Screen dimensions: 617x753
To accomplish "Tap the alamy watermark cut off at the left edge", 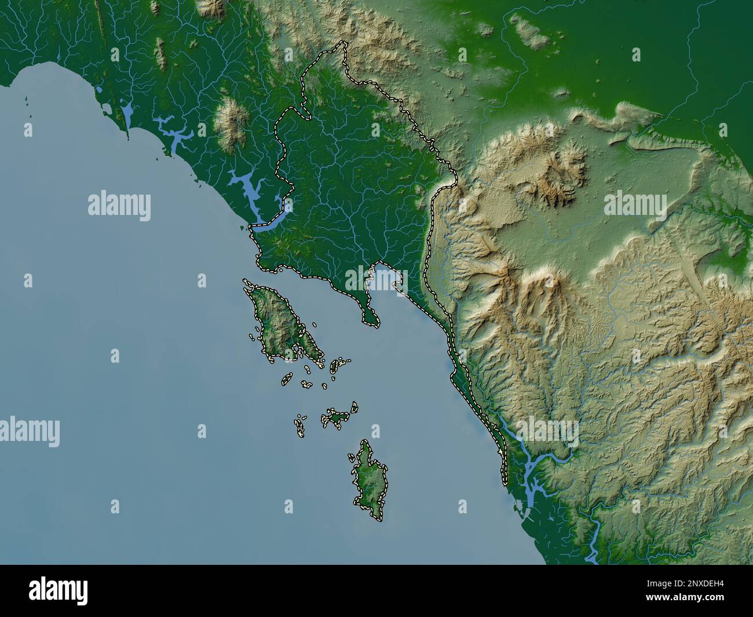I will pyautogui.click(x=29, y=430).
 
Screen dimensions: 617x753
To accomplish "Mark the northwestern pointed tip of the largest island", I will pyautogui.click(x=246, y=282).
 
